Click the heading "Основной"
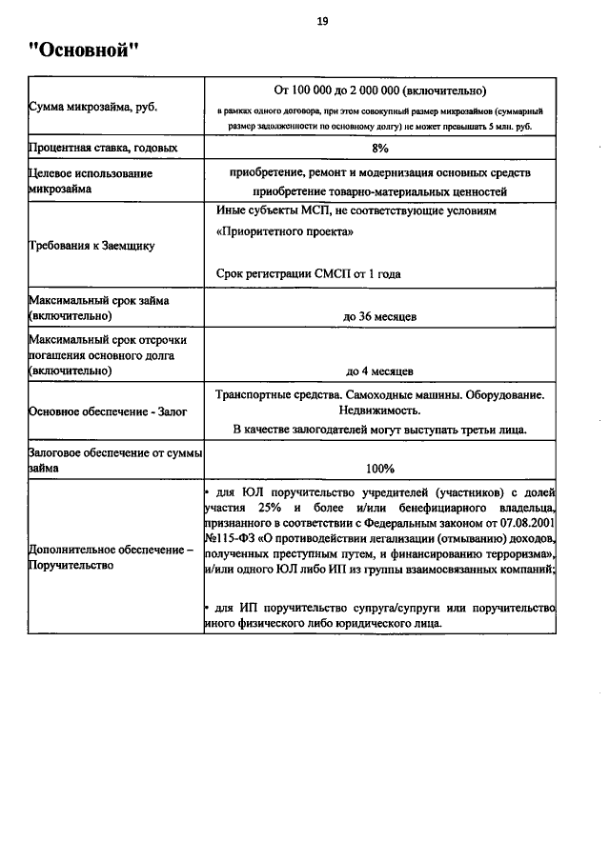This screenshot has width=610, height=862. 84,50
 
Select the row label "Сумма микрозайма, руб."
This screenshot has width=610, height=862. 92,107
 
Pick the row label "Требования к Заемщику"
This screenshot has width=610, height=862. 91,245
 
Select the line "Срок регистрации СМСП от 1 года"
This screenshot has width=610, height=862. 308,273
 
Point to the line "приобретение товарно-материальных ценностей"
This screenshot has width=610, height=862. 379,190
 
